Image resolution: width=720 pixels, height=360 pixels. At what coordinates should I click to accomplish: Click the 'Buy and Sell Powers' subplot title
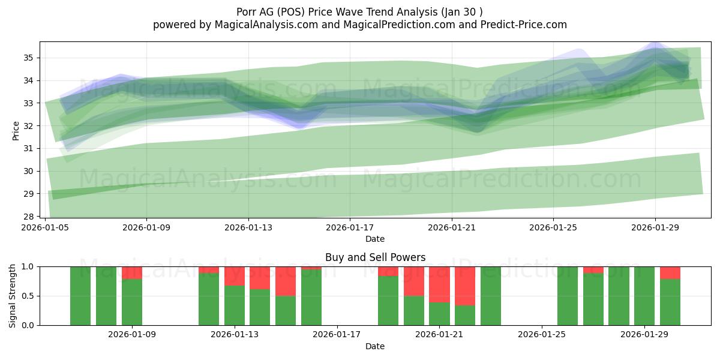click(x=375, y=257)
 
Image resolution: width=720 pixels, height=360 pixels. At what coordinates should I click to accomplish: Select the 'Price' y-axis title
click(x=16, y=130)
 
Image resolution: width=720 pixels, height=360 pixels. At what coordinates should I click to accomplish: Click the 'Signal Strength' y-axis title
click(x=13, y=296)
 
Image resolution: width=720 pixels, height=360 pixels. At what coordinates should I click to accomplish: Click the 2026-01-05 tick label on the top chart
click(x=46, y=228)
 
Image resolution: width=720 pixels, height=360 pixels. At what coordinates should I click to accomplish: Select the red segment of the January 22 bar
click(x=465, y=286)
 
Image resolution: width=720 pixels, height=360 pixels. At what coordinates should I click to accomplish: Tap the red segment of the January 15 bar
click(x=286, y=281)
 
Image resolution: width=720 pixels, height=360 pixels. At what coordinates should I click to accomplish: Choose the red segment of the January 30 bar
click(x=670, y=272)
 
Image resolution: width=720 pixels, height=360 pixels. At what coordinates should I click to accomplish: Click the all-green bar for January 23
click(x=490, y=296)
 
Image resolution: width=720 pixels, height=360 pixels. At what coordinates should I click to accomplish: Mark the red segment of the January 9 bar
click(x=132, y=272)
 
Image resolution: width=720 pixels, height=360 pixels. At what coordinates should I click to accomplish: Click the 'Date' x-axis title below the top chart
click(x=375, y=239)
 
